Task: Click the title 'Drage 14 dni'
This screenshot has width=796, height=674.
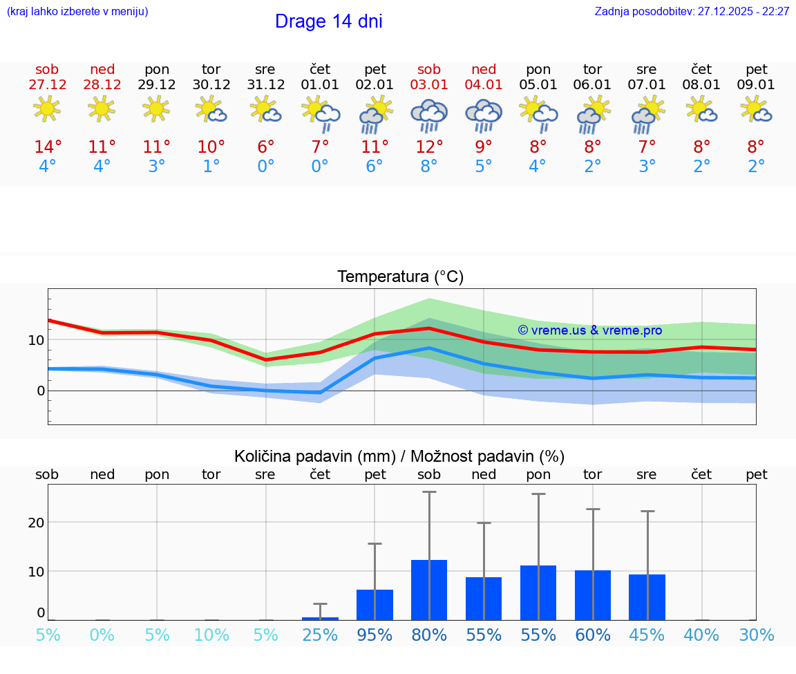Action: (328, 21)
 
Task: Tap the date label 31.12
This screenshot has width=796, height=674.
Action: (265, 85)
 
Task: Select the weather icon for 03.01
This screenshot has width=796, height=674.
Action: (429, 115)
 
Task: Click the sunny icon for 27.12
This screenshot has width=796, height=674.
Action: (47, 109)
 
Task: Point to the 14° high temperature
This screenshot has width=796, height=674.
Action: (48, 147)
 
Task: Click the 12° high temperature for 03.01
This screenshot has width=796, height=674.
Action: (429, 147)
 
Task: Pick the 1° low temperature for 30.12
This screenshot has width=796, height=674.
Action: (211, 167)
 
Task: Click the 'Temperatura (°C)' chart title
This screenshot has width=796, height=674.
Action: (400, 277)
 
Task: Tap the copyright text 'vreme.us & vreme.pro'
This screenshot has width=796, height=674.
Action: (590, 330)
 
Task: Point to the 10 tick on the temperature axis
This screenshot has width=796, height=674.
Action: (36, 340)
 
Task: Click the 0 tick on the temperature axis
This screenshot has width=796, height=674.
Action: (41, 391)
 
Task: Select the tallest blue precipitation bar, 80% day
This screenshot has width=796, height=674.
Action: (429, 590)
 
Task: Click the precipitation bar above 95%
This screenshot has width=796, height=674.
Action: (375, 605)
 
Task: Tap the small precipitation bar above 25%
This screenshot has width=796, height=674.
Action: (320, 618)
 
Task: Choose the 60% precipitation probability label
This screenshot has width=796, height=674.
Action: (593, 635)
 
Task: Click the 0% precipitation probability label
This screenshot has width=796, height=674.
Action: (102, 635)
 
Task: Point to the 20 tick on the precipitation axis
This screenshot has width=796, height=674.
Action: (36, 523)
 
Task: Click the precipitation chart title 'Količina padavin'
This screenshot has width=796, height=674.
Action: (399, 456)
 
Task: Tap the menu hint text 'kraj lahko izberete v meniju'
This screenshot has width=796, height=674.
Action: (77, 12)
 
